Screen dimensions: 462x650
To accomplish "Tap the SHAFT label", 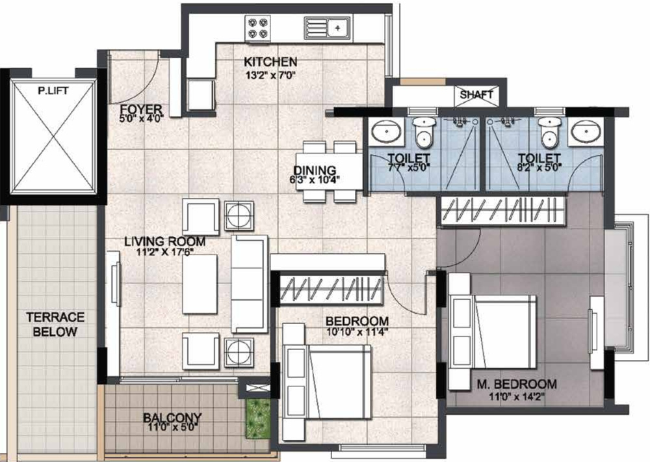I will [476, 95].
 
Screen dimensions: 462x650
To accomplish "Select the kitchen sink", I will [327, 27].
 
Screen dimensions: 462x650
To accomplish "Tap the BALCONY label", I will [172, 417].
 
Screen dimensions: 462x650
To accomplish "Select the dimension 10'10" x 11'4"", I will [357, 332].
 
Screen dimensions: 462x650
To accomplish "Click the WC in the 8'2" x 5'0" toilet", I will [550, 133].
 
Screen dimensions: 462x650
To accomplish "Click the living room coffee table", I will [200, 284].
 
